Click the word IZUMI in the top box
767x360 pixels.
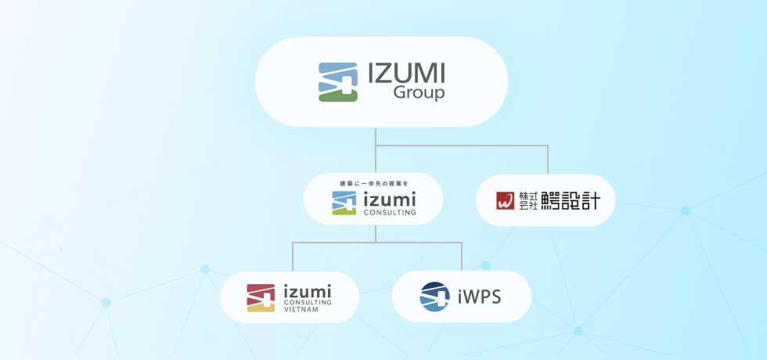point(406,74)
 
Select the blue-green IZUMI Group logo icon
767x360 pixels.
point(338,82)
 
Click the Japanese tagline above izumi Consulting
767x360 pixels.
point(374,183)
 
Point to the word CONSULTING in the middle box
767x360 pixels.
point(389,212)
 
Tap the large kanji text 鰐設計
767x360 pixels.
point(571,200)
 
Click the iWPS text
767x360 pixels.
point(478,297)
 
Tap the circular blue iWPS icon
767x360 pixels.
point(435,297)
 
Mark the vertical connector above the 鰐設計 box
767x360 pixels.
point(547,160)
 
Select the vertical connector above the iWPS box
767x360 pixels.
point(461,257)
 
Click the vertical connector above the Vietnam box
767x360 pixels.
point(293,257)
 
